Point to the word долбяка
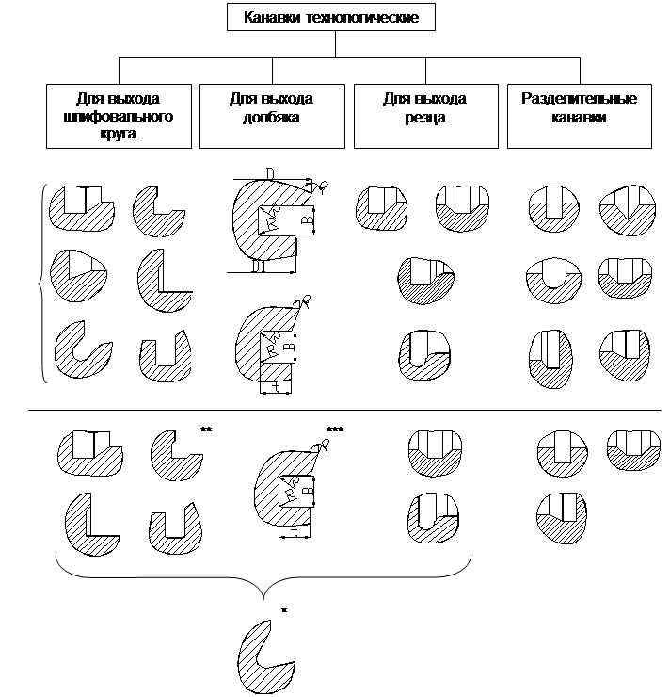[271, 118]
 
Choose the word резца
[424, 118]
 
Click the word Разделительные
[579, 99]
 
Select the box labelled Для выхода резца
[424, 115]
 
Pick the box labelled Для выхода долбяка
[271, 115]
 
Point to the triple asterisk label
[334, 430]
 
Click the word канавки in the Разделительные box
[579, 118]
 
